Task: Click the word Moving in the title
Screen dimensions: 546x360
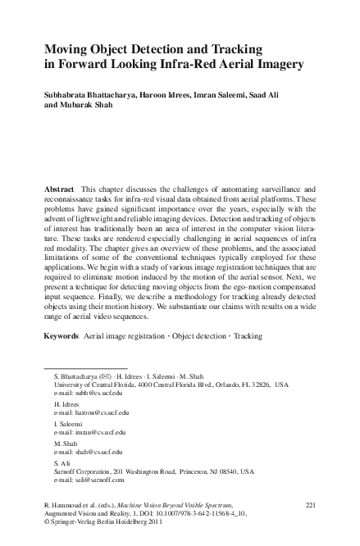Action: (66, 49)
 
